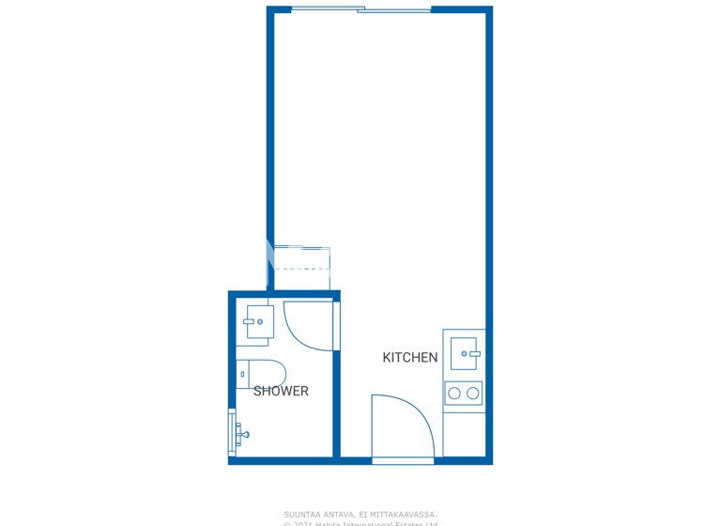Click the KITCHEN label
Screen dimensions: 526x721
point(409,358)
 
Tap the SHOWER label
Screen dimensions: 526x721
point(281,391)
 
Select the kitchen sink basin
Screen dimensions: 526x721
point(464,353)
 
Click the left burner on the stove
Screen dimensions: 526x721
point(454,394)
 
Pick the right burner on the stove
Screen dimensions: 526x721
point(473,394)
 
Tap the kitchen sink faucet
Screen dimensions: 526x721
point(474,353)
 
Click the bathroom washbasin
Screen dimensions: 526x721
point(260,322)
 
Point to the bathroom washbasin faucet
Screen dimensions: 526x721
point(250,322)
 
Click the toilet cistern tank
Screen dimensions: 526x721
point(242,374)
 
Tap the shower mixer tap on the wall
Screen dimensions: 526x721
point(242,434)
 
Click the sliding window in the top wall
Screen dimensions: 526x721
point(361,9)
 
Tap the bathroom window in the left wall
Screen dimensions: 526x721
point(231,432)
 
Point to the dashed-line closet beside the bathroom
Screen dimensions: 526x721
point(300,269)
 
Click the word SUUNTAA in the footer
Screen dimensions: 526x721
point(302,514)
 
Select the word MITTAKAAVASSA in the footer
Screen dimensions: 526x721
point(405,514)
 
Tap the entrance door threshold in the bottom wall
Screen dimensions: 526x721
point(403,460)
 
